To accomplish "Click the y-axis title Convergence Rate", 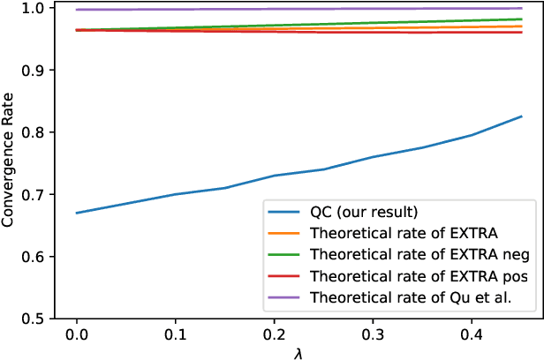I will point(10,161).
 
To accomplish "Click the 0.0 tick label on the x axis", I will point(77,335).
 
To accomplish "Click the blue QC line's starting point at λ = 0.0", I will point(77,213).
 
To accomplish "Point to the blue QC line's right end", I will point(522,116).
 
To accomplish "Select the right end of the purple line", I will point(522,8).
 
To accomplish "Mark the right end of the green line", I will point(522,19).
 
